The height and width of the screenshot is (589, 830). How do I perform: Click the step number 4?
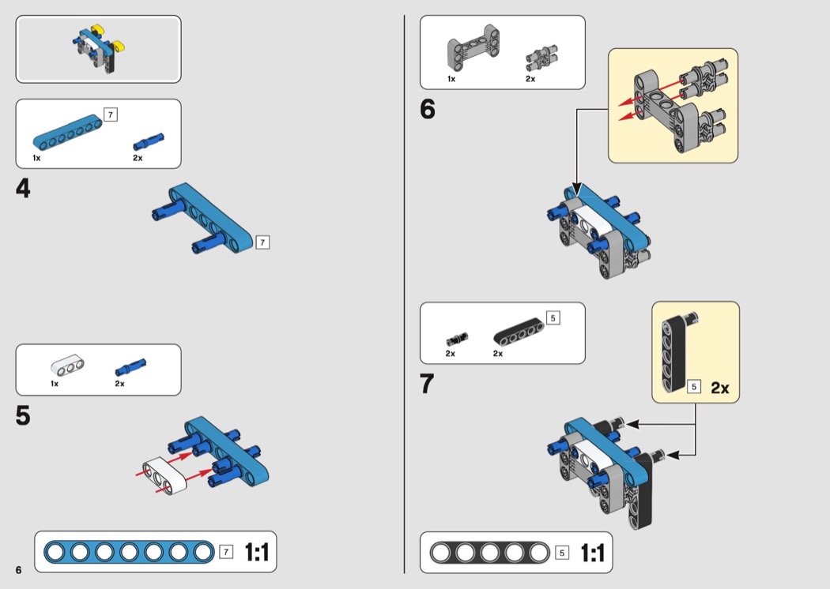(x=23, y=189)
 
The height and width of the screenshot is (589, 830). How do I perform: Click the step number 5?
(x=23, y=415)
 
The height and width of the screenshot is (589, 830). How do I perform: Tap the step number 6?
(x=428, y=110)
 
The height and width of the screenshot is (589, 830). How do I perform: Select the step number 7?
(x=428, y=384)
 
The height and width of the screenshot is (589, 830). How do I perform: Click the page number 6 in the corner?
(x=18, y=570)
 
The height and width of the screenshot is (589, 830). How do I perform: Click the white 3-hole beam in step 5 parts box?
(x=67, y=366)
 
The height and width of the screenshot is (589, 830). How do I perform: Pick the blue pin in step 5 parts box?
(x=131, y=366)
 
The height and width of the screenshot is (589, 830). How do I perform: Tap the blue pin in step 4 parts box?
(x=149, y=141)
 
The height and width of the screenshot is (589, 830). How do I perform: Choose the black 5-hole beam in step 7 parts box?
(x=521, y=330)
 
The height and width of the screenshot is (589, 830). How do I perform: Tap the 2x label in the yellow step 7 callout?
(x=720, y=388)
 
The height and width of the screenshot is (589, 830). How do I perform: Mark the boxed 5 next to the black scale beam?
(x=562, y=552)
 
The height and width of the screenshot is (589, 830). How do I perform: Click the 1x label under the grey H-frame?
(x=451, y=79)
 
